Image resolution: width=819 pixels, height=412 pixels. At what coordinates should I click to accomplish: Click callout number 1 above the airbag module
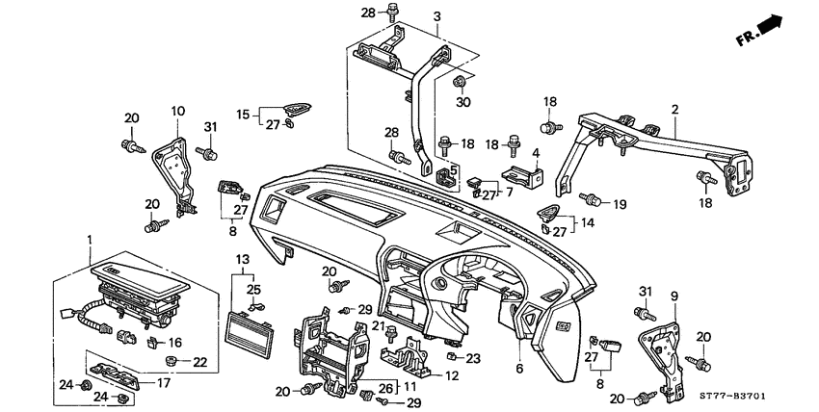tap(89, 239)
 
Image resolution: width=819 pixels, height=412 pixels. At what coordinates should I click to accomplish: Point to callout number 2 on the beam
tap(674, 110)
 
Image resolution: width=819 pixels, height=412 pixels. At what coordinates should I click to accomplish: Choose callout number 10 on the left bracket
tap(176, 112)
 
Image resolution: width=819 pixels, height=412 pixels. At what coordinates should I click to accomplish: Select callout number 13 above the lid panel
tap(243, 260)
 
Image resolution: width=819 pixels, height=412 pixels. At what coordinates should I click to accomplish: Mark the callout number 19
tap(620, 203)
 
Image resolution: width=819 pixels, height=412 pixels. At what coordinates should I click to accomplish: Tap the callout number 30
tap(462, 101)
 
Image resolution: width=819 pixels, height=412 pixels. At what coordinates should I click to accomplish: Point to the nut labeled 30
tap(461, 79)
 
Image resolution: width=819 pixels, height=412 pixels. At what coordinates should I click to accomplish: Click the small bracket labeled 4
tap(521, 175)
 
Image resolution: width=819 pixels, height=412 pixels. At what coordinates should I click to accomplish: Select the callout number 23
tap(472, 358)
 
